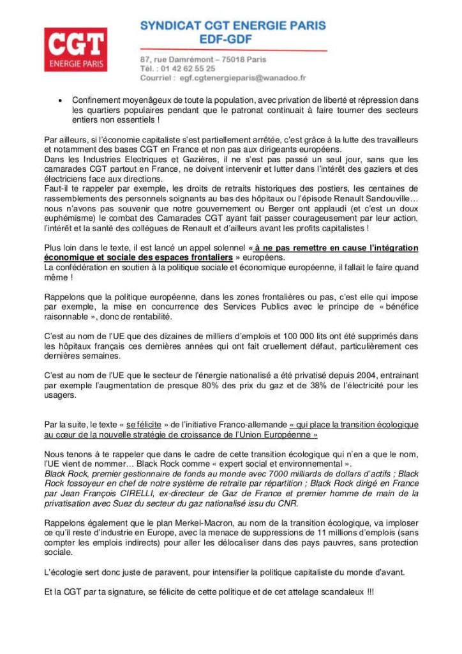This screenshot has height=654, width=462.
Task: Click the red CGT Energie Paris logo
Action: pyautogui.click(x=75, y=49)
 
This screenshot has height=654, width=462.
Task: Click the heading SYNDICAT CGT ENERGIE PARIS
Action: pyautogui.click(x=233, y=26)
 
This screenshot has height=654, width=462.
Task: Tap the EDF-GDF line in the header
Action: pyautogui.click(x=233, y=40)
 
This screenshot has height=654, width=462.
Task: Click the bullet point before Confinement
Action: pyautogui.click(x=59, y=101)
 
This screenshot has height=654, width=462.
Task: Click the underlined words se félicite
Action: pyautogui.click(x=144, y=425)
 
